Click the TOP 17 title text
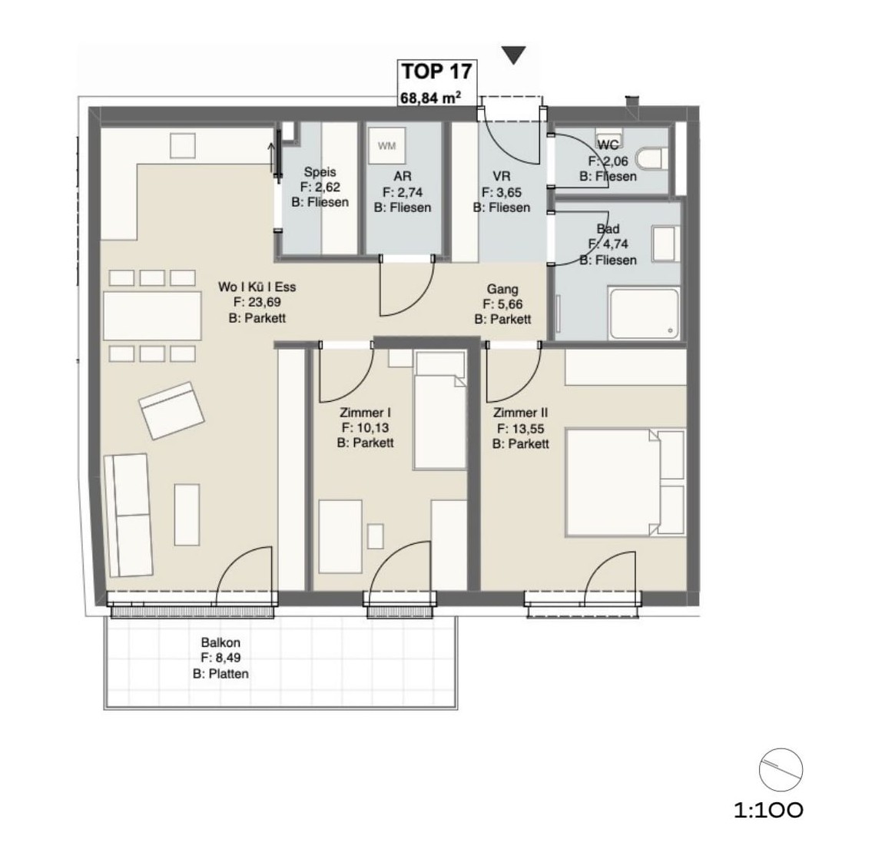(x=436, y=71)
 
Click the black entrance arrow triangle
(x=514, y=55)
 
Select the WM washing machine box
(x=386, y=146)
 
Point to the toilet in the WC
(x=652, y=158)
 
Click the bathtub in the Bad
(x=644, y=314)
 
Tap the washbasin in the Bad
(x=665, y=244)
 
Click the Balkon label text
(x=220, y=642)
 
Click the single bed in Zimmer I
(x=439, y=411)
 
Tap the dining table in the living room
(x=152, y=315)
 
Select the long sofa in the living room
(x=128, y=516)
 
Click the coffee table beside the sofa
(x=187, y=514)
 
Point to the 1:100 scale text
(x=768, y=811)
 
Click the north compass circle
(x=781, y=770)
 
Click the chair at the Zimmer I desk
(x=376, y=536)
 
